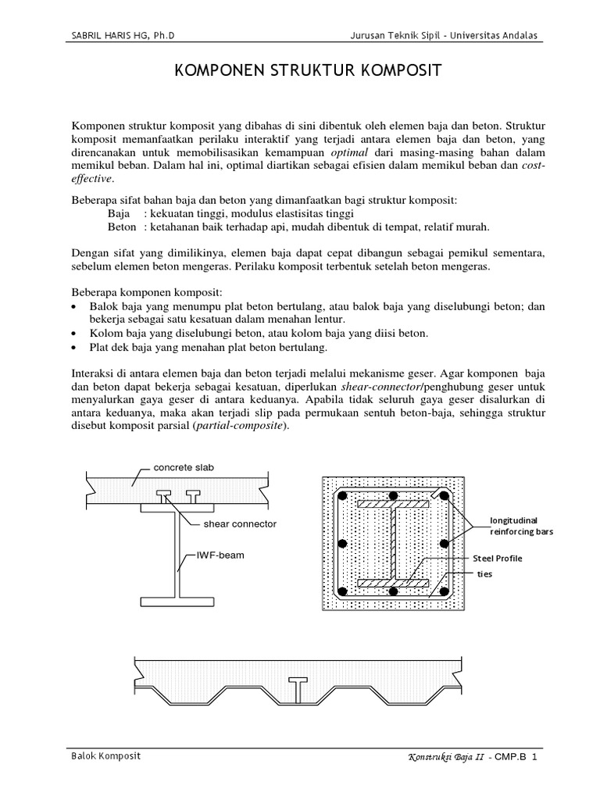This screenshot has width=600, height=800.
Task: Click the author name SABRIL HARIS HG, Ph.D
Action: [x=128, y=36]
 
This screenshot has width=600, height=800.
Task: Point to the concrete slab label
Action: [x=184, y=467]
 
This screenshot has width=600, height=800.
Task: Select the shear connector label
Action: [x=240, y=523]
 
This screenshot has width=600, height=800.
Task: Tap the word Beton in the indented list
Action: [x=121, y=227]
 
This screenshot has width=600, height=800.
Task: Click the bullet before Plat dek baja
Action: [x=74, y=348]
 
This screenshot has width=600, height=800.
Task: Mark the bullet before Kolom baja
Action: [x=74, y=334]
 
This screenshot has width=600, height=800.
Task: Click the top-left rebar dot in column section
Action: [x=342, y=496]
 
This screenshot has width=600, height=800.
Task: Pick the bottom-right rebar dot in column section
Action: [x=443, y=592]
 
